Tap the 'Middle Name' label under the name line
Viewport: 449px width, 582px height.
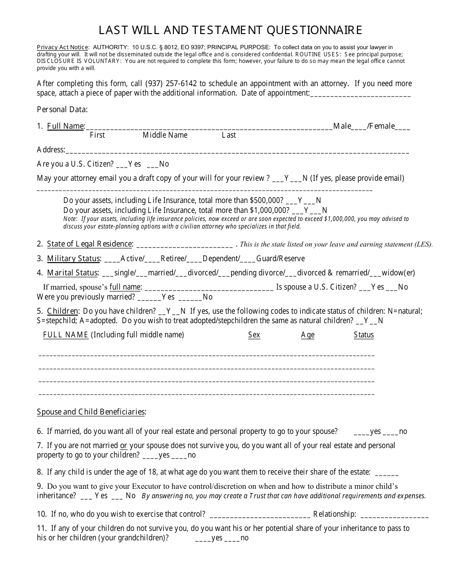coord(165,135)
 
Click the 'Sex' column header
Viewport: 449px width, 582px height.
coord(254,335)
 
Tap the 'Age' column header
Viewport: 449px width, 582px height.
coord(308,335)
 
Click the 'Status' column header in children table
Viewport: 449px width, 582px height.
coord(363,335)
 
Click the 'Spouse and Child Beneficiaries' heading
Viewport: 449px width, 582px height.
coord(91,412)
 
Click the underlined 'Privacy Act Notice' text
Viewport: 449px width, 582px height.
coord(62,47)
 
